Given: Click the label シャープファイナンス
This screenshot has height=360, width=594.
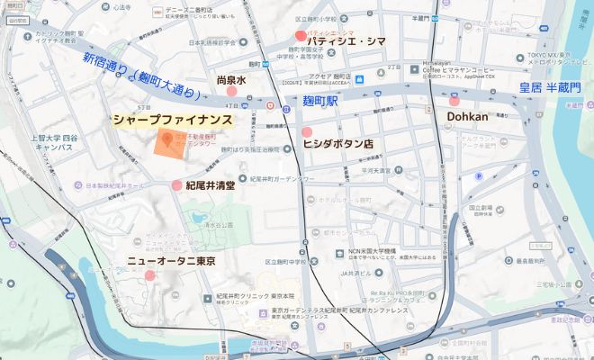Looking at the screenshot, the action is click(x=173, y=120).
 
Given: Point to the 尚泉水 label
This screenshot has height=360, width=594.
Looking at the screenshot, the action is click(x=231, y=80).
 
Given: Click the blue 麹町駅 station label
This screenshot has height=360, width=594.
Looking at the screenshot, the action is click(x=319, y=102).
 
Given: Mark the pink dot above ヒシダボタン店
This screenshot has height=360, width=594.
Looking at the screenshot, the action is click(x=307, y=132).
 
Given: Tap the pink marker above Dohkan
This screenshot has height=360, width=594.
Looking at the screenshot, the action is click(x=454, y=101).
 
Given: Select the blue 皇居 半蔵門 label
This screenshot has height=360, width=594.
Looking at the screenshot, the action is click(x=538, y=87).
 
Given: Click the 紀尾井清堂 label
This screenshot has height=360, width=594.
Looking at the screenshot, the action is click(x=210, y=185).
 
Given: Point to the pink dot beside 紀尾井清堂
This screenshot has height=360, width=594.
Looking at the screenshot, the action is click(x=176, y=185).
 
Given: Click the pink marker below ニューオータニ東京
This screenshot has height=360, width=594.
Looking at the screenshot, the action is click(x=150, y=274).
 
